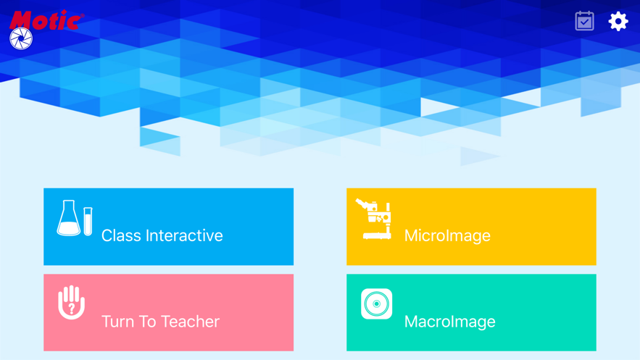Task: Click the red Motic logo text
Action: click(x=45, y=20)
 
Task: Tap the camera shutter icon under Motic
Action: click(x=21, y=38)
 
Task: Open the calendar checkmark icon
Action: click(x=584, y=21)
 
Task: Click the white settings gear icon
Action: click(x=618, y=21)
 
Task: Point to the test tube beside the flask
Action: click(x=88, y=221)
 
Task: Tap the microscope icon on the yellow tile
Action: click(x=375, y=219)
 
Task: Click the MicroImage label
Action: click(x=447, y=235)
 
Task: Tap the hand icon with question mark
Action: click(x=71, y=302)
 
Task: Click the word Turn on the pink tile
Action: click(x=120, y=321)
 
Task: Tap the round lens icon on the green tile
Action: click(x=376, y=304)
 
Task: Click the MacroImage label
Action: click(x=449, y=321)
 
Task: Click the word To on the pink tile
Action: click(x=151, y=321)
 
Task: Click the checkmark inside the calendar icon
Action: click(x=584, y=23)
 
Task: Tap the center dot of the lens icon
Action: click(x=376, y=304)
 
